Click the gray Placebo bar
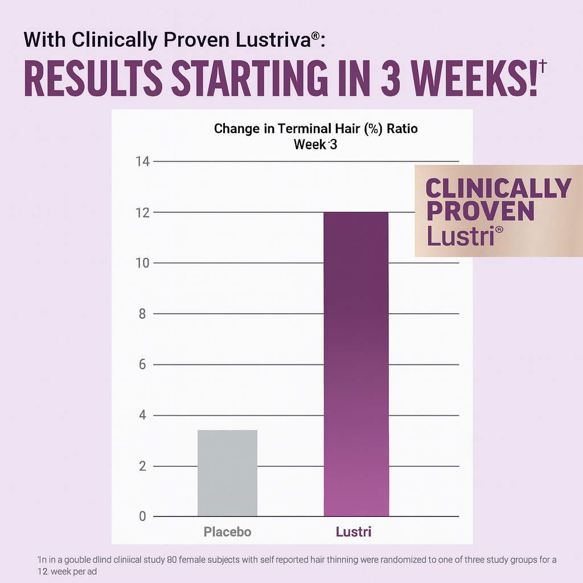click(227, 473)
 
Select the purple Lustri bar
click(356, 364)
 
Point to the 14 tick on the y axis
click(142, 162)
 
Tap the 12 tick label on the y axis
click(142, 212)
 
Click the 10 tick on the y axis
click(142, 263)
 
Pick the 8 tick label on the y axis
click(143, 314)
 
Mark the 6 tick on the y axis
click(143, 364)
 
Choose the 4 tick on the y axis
click(143, 416)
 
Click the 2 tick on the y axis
click(143, 466)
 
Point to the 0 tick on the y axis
click(143, 516)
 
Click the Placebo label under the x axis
click(227, 532)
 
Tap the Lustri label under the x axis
click(354, 532)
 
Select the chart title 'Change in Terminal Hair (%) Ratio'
click(315, 128)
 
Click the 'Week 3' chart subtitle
click(315, 145)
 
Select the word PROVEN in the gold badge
click(480, 211)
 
